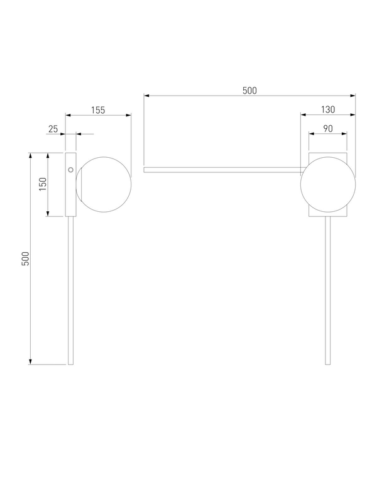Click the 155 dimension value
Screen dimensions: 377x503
(98, 110)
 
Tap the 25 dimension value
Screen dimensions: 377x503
(53, 129)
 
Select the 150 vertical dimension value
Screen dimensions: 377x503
(43, 184)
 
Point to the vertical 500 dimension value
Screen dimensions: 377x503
(25, 258)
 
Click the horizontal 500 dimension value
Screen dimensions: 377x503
(249, 91)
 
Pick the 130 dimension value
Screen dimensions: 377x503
(328, 109)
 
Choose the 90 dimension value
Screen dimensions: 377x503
(328, 129)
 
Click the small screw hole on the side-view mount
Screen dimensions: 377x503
(71, 170)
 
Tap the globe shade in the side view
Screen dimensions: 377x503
(104, 184)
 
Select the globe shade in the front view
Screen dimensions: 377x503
(328, 184)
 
